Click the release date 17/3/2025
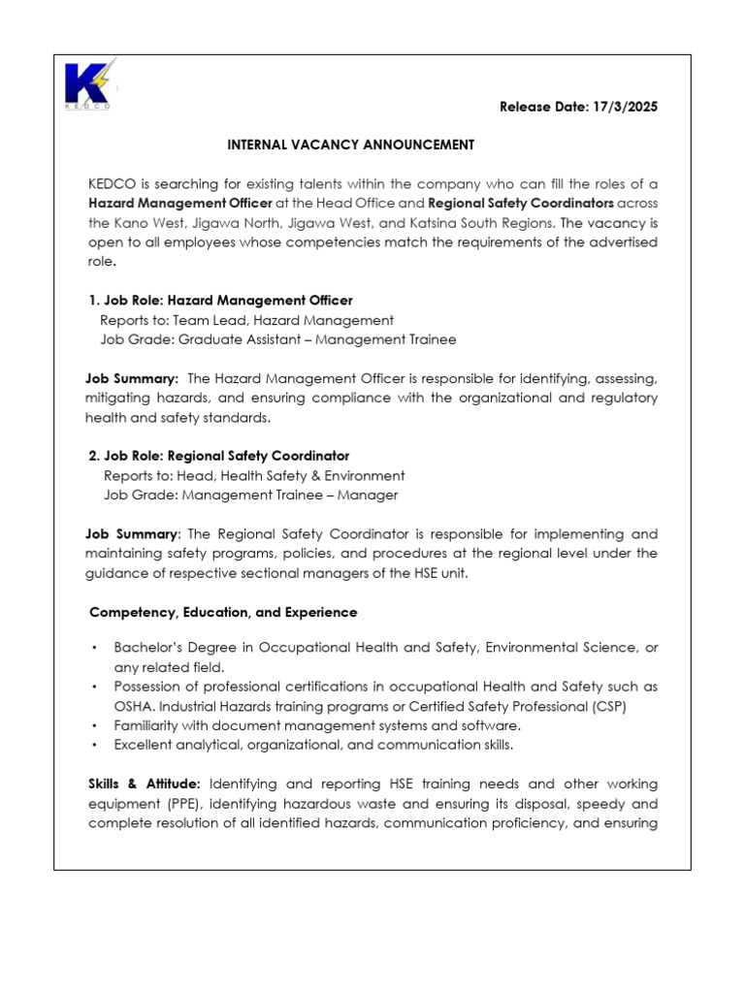tap(578, 107)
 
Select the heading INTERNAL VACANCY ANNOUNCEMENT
tap(350, 144)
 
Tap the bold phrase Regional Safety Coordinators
tap(521, 203)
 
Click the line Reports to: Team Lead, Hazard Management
tap(246, 320)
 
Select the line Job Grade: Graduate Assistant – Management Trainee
tap(277, 339)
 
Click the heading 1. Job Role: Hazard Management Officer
tap(220, 301)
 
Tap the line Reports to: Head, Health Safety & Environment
tap(254, 475)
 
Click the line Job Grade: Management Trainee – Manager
tap(250, 495)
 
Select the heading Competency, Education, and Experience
tap(223, 613)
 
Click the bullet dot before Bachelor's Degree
tap(93, 647)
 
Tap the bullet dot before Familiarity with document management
tap(93, 725)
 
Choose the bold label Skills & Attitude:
tap(146, 784)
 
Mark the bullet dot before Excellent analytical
tap(93, 745)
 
